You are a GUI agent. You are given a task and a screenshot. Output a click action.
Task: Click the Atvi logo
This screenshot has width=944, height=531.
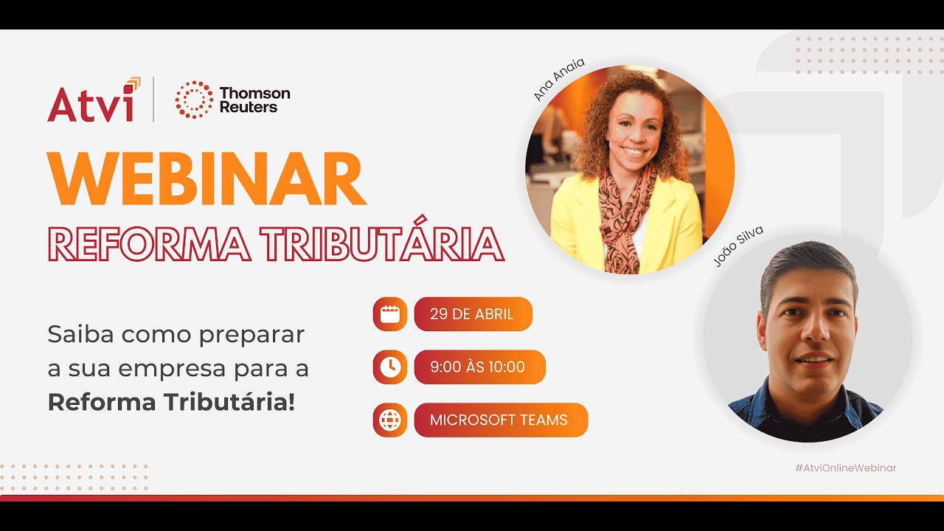92,100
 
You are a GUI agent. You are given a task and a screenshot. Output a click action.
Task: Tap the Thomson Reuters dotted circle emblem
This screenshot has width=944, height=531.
194,100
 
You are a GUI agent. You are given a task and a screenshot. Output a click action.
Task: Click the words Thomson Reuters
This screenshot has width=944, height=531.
254,100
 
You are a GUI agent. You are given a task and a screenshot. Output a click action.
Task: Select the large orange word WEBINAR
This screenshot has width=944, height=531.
206,180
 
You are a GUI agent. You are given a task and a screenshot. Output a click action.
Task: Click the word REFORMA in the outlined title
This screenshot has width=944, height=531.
143,244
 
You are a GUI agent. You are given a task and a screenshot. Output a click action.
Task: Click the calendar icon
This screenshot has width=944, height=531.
390,314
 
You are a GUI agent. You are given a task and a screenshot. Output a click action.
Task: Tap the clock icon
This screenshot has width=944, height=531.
390,367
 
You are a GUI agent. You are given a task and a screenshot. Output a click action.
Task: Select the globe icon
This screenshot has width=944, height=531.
390,420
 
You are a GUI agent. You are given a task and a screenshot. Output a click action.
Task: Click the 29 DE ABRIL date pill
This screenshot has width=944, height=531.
472,314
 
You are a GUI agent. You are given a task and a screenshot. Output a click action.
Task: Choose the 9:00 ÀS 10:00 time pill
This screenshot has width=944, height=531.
479,367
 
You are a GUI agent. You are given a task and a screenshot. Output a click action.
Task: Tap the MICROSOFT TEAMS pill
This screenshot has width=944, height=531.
500,420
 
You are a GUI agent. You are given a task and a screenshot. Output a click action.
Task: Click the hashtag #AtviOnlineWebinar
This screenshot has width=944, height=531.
845,468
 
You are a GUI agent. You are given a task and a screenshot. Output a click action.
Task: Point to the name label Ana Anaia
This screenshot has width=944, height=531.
558,79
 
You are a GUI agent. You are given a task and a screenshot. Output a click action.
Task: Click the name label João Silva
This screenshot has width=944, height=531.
737,247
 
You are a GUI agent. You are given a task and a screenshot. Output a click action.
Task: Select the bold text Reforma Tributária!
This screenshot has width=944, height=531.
171,402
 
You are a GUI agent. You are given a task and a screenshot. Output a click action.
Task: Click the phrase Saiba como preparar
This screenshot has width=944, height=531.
176,334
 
